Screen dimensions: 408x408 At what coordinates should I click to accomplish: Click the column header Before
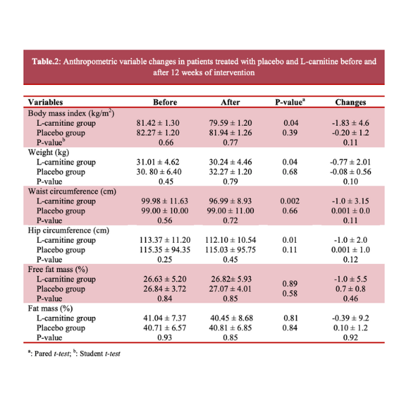165,103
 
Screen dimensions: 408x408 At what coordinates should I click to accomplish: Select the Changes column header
350,103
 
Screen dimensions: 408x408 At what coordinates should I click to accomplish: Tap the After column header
231,103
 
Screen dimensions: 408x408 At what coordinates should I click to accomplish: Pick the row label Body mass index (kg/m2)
70,114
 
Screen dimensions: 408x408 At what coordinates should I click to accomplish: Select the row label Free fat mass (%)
58,269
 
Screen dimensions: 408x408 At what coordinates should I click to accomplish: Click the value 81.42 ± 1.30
165,124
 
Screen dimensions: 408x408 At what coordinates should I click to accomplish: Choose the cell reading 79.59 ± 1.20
231,124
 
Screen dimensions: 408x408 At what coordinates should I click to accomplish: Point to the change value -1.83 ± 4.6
350,124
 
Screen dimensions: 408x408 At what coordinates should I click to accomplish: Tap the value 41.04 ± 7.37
165,318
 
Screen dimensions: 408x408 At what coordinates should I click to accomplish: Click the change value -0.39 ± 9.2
350,318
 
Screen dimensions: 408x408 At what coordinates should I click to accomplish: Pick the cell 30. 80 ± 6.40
165,172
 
